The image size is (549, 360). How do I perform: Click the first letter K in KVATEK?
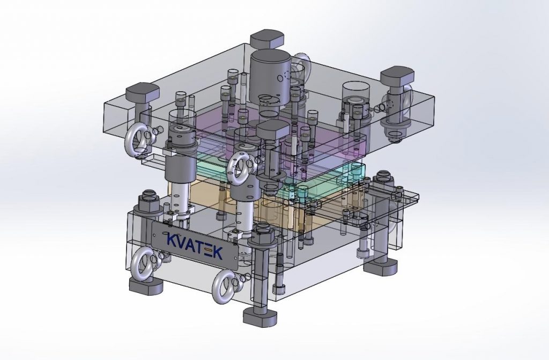(172, 239)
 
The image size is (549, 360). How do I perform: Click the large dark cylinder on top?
(270, 81)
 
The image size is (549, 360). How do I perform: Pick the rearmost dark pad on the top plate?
(267, 39)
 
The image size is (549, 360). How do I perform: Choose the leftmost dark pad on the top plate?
(143, 93)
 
